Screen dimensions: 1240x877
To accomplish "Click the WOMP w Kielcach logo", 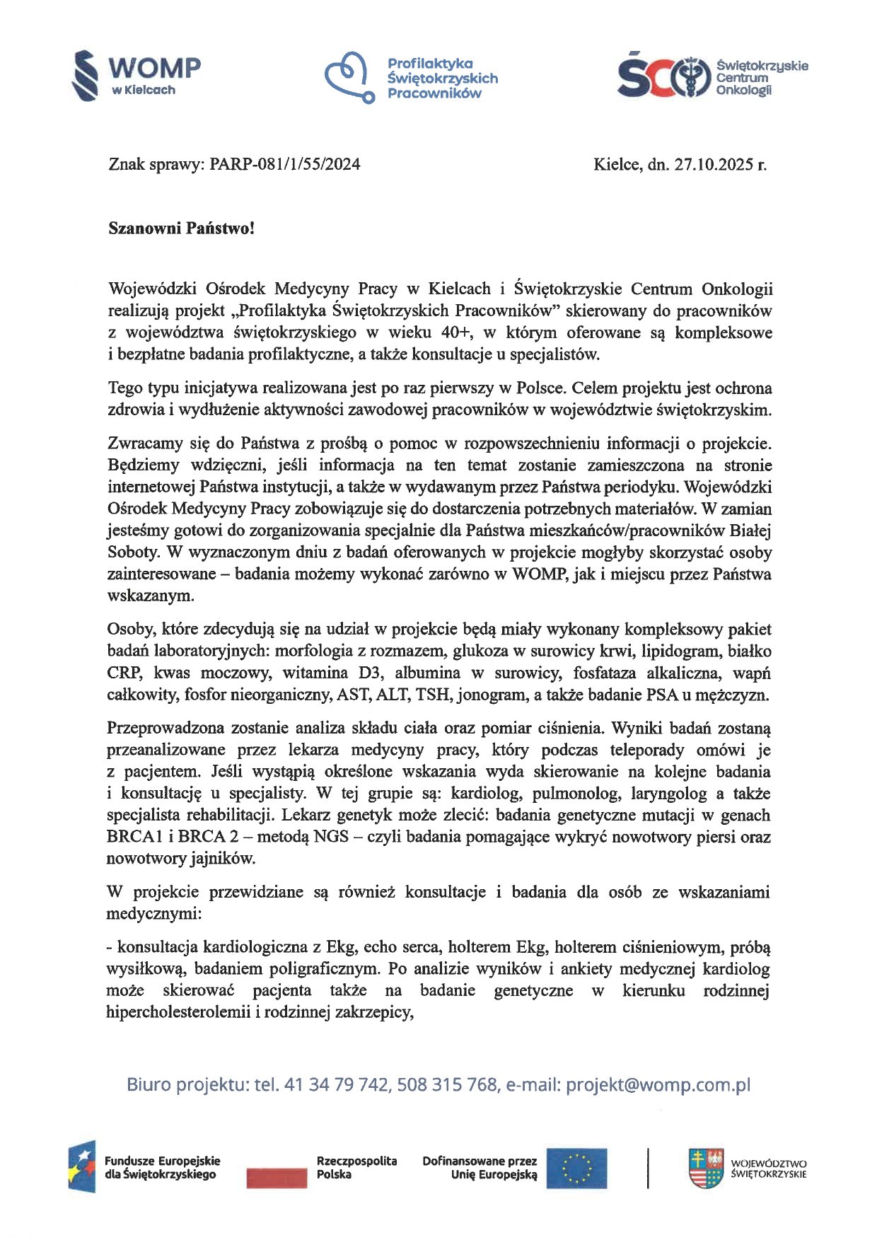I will coord(137,75).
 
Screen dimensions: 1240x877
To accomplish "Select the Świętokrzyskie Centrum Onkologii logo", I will coord(711,76).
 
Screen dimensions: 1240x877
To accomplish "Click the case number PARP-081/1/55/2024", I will coord(285,165).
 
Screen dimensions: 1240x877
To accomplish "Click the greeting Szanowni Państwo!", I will coord(180,228).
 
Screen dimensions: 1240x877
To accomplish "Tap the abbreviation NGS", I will coord(331,837).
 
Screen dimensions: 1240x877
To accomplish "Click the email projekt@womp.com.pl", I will coord(658,1085).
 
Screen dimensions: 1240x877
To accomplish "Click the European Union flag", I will coord(576,1167).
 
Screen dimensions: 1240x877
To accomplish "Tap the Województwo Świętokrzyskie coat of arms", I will coord(705,1168).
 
